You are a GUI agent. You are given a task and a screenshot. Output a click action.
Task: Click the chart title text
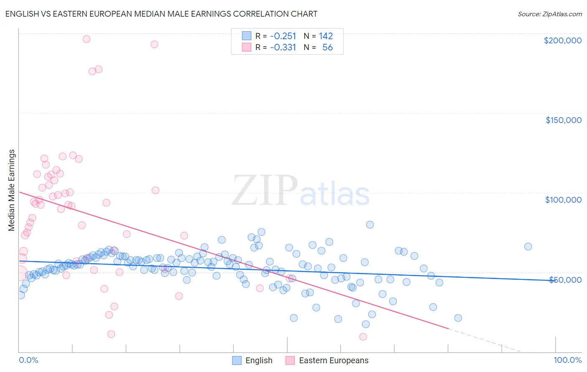161,14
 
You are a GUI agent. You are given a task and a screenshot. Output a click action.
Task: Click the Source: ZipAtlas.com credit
549,14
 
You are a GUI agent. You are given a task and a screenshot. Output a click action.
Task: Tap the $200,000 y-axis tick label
562,40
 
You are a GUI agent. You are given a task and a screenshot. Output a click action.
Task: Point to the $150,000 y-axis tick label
563,120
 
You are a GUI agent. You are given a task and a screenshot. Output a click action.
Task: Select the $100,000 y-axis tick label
563,200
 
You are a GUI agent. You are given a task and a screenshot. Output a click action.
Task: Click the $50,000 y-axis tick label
565,279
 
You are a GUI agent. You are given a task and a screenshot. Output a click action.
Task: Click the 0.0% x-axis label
28,360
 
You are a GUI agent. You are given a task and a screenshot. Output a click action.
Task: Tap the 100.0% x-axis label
567,360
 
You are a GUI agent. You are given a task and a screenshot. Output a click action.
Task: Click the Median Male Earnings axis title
12,190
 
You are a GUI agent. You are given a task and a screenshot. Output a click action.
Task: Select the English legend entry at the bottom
252,360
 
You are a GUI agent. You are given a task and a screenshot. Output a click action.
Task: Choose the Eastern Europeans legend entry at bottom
327,360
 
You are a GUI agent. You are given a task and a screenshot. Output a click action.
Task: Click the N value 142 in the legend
326,36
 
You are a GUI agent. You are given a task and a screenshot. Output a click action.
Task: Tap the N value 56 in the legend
327,47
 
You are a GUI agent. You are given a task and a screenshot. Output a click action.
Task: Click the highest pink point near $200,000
86,39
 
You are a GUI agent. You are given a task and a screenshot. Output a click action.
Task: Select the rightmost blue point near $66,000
528,246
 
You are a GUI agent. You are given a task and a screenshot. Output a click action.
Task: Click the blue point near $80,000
370,224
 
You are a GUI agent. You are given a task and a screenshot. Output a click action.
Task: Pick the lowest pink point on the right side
363,337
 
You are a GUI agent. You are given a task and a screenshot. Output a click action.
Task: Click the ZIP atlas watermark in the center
301,191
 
